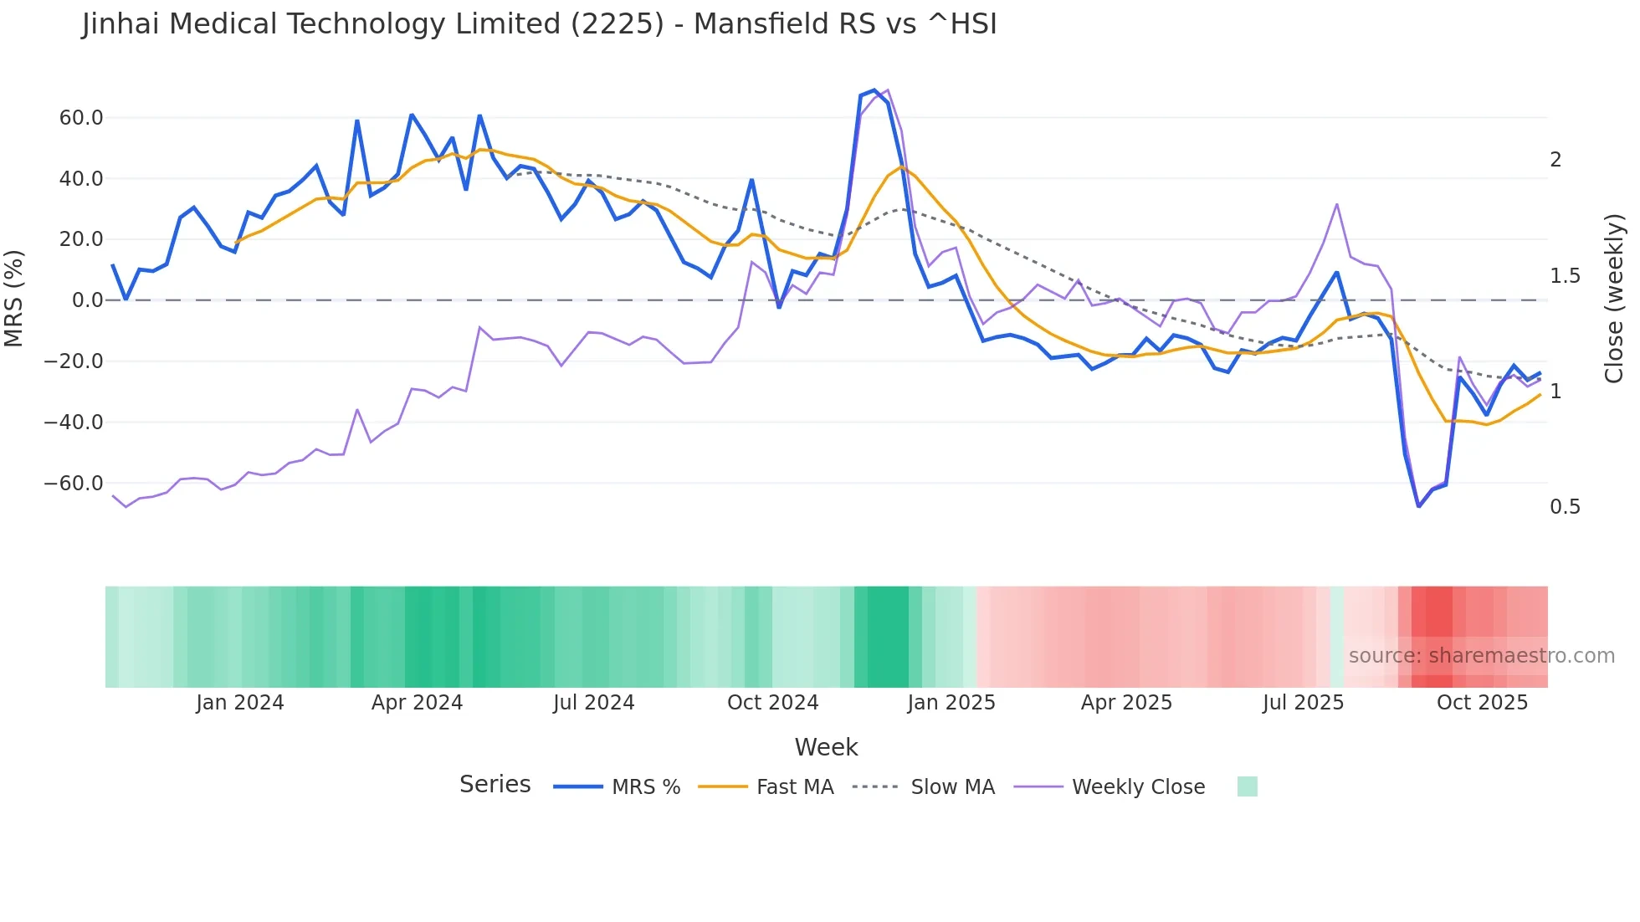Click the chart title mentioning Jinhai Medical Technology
539,24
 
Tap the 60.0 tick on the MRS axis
81,118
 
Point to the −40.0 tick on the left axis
74,423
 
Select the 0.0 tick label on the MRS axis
87,300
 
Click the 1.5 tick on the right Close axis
1565,276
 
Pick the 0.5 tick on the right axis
1565,507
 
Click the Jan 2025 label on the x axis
951,703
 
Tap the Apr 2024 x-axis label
417,703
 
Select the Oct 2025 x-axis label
1482,703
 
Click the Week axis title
826,747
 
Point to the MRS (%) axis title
14,298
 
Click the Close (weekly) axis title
1614,298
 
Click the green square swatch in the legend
1247,786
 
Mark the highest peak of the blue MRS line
874,90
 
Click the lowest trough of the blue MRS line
1419,506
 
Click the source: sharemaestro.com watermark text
1481,656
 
